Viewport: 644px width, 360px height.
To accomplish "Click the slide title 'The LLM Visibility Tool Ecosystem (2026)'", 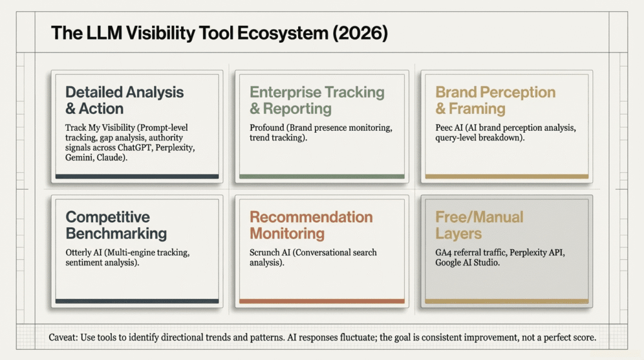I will click(219, 34).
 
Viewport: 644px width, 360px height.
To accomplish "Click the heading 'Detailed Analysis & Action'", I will click(125, 100).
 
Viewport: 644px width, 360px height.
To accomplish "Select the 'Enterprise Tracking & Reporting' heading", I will click(317, 100).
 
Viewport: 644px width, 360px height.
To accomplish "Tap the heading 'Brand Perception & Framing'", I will click(496, 100).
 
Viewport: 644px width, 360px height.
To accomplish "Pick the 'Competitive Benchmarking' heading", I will click(116, 225).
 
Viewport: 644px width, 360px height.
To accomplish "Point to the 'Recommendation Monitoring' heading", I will click(311, 225).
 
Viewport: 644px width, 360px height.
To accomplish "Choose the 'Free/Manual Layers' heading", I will click(479, 225).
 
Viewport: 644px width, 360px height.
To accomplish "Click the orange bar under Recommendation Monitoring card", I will click(321, 301).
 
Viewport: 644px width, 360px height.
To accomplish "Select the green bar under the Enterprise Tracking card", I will click(321, 177).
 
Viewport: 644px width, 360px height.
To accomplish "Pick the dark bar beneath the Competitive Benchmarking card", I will click(137, 301).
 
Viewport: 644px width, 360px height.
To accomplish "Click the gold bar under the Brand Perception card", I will click(507, 177).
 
